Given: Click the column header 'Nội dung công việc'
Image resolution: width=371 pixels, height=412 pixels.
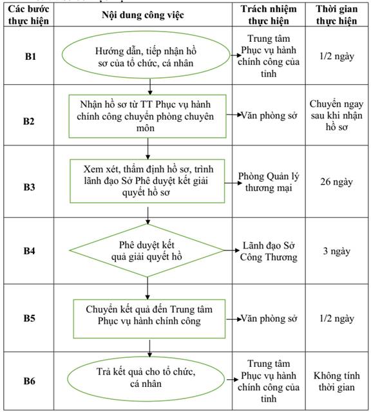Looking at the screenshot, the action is click(143, 15).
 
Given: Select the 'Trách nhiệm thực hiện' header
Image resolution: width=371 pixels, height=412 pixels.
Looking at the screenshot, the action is click(269, 15).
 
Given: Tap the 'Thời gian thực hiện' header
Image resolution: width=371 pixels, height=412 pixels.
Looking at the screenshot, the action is click(337, 15).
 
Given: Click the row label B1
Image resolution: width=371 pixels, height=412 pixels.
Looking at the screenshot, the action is click(30, 56).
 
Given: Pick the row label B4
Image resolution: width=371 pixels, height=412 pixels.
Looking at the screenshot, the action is click(29, 250).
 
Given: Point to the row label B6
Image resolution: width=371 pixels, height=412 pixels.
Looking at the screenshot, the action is click(29, 380).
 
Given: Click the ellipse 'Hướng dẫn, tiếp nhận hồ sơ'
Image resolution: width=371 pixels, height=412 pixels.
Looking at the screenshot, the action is click(146, 55).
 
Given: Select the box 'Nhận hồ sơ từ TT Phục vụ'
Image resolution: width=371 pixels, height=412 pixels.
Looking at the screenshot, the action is click(147, 116).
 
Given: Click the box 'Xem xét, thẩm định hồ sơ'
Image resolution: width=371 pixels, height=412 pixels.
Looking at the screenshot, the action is click(147, 181).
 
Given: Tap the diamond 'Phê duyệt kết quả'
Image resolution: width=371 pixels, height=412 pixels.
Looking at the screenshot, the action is click(147, 250).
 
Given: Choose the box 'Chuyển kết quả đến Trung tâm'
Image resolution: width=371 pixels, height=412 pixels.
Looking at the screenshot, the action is click(149, 319).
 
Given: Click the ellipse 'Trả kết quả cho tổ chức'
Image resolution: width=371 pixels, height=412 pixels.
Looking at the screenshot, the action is click(146, 379).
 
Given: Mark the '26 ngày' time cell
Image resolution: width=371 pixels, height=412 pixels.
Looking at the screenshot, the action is click(337, 182).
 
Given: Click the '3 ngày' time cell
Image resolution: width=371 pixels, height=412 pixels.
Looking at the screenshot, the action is click(337, 251).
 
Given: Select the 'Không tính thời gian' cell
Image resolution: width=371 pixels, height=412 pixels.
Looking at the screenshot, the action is click(337, 381).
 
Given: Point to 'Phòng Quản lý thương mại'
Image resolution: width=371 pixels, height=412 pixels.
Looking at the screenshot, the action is click(269, 182).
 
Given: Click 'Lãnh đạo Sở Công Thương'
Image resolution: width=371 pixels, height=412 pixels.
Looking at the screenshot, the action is click(269, 251).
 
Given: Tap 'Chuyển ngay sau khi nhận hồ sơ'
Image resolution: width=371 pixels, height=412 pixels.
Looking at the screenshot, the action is click(337, 115).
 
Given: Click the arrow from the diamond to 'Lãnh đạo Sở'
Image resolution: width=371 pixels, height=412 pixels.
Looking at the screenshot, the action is click(232, 250).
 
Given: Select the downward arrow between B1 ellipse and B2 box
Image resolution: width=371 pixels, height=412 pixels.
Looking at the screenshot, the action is click(150, 87).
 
